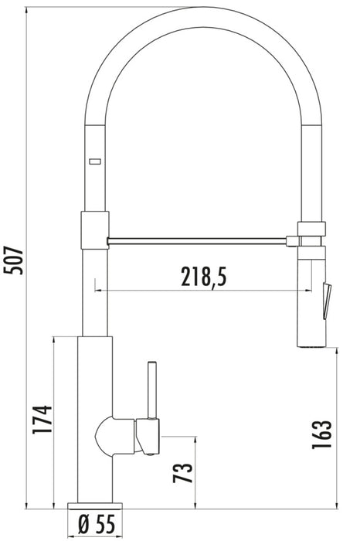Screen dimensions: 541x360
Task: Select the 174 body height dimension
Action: (x=42, y=422)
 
